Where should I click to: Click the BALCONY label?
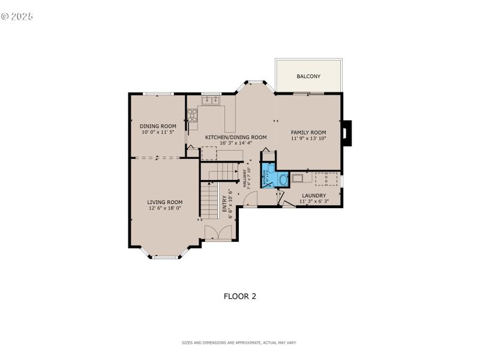(308, 76)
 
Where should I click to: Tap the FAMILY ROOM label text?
(308, 132)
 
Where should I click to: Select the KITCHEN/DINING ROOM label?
(236, 137)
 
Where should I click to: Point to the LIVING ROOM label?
(164, 202)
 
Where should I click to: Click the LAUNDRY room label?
(314, 196)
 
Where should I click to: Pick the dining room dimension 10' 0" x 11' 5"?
(158, 132)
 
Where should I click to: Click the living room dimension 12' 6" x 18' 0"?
(164, 208)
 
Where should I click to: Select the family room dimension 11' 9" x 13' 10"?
(308, 139)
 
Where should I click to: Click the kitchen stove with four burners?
(192, 115)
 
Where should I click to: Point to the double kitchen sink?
(210, 100)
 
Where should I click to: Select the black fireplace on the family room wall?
(346, 133)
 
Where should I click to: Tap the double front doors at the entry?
(217, 233)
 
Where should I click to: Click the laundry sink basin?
(298, 179)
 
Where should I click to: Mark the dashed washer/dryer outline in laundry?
(326, 179)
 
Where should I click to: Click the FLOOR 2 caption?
(240, 296)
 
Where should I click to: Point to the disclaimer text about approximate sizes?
(239, 343)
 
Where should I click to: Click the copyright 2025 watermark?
(17, 16)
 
